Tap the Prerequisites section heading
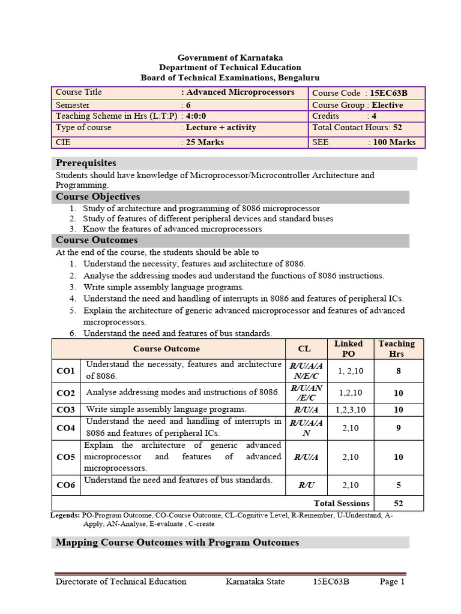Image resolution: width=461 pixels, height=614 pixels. (x=86, y=163)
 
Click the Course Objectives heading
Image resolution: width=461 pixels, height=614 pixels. (x=98, y=197)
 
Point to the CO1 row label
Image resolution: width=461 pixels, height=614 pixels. (x=65, y=371)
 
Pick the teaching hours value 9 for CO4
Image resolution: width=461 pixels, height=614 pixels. (x=398, y=428)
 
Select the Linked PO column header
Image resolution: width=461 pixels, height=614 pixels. (x=348, y=348)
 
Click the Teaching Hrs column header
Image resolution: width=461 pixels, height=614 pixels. (x=396, y=348)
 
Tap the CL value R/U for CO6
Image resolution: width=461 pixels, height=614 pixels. (x=307, y=485)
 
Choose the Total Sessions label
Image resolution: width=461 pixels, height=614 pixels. (x=342, y=503)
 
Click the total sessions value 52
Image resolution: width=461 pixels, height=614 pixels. (x=398, y=503)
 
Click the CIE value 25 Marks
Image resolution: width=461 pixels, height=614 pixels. (x=205, y=142)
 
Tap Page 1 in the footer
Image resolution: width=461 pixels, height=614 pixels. (x=392, y=582)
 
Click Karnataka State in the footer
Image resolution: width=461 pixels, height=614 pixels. (x=255, y=582)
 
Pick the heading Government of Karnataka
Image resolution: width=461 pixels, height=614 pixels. (x=230, y=58)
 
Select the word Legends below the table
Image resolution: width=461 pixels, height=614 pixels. (x=64, y=515)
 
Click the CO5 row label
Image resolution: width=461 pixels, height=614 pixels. (x=65, y=457)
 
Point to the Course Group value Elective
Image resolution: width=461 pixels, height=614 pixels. (x=387, y=105)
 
